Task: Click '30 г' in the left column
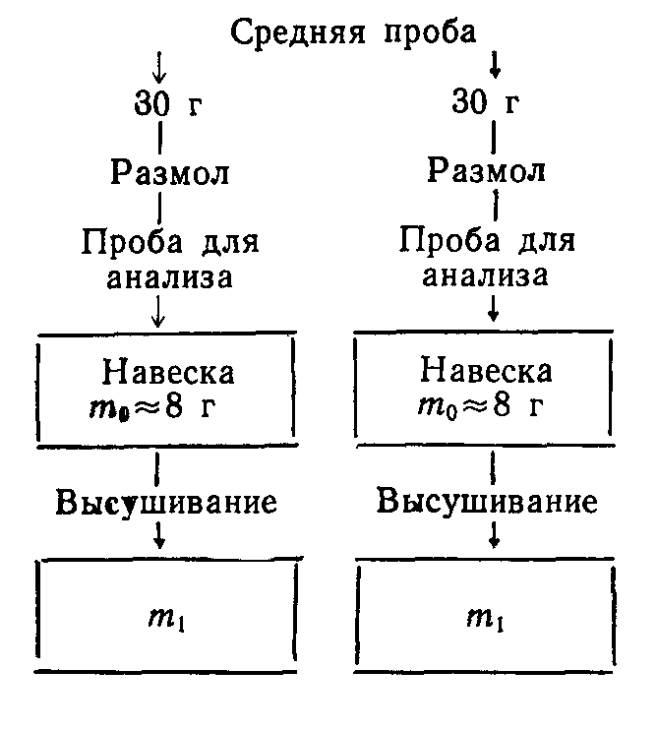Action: pos(167,101)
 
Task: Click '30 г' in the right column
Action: pos(487,101)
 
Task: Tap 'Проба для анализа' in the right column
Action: pos(486,258)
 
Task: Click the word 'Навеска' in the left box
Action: pos(168,373)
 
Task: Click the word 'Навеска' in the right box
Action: pos(486,372)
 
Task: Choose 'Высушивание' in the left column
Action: pos(166,502)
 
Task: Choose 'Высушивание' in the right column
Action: pos(488,502)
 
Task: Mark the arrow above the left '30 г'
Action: pos(160,67)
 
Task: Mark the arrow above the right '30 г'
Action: pos(495,66)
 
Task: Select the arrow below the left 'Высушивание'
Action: pos(159,535)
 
